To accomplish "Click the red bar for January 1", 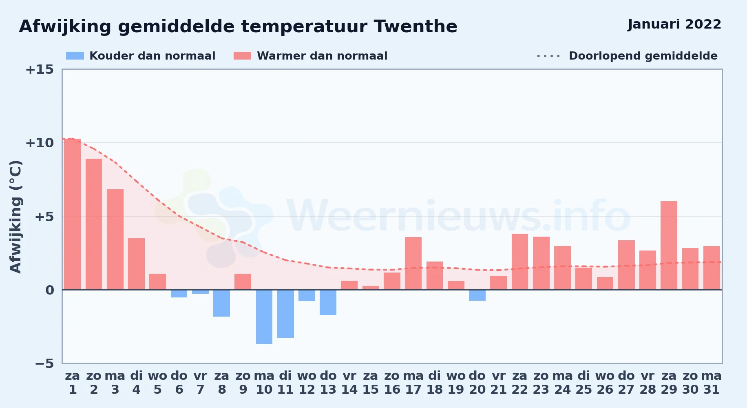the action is (x=73, y=214).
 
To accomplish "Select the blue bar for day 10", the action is (x=264, y=317).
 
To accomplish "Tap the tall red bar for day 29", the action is (x=669, y=245).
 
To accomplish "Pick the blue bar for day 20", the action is (x=477, y=295).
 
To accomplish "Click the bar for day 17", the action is (x=413, y=263).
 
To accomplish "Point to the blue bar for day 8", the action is (x=221, y=303).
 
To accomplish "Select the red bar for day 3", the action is (x=115, y=239).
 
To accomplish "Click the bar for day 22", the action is (x=520, y=262).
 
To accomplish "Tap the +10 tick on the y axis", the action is (x=40, y=143).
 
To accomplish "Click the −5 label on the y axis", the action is (x=44, y=363).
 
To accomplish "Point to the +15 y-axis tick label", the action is (x=40, y=69).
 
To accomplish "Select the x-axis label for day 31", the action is (x=712, y=383).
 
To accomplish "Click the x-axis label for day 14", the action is (x=349, y=383).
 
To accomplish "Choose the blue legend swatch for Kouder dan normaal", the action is (x=75, y=56).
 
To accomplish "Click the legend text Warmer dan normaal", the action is (x=322, y=56).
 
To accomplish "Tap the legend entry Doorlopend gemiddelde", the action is (x=628, y=56).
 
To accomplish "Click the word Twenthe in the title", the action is (x=415, y=27).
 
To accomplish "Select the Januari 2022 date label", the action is (x=674, y=24).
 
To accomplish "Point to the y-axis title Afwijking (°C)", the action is (x=15, y=217).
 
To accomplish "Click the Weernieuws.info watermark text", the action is (x=459, y=216).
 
